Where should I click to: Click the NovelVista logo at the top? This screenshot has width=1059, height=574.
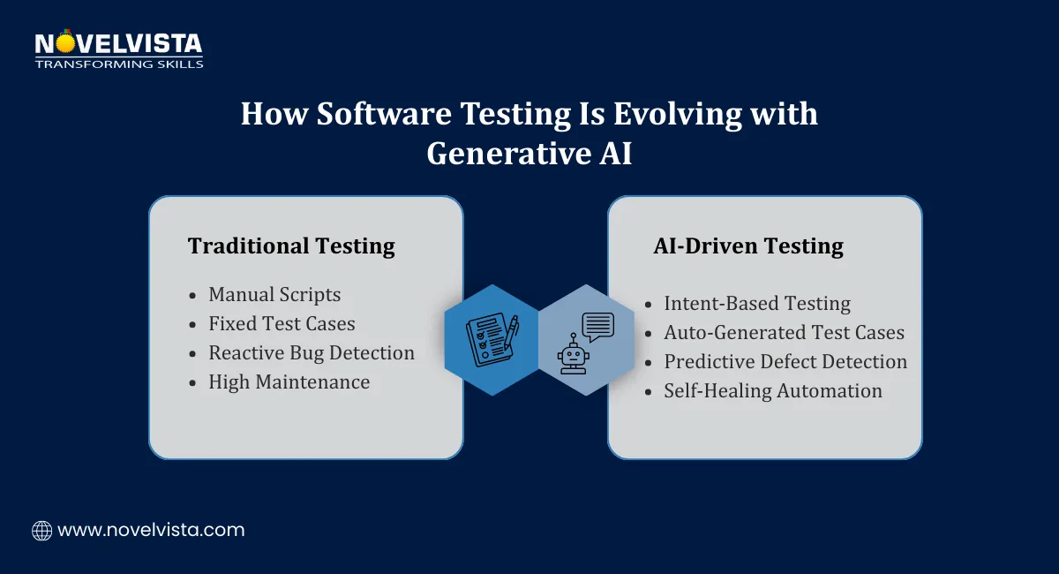118,43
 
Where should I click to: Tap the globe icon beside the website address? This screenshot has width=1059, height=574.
41,531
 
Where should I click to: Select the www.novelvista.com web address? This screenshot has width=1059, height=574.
151,531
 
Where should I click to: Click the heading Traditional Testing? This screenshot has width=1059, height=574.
291,246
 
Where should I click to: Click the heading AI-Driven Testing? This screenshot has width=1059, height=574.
748,246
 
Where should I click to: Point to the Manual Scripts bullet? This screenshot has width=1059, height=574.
274,295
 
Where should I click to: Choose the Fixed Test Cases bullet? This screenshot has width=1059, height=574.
282,324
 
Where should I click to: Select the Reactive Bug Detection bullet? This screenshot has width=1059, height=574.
312,353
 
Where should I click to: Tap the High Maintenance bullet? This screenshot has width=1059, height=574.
289,382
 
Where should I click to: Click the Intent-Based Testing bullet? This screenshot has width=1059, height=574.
757,304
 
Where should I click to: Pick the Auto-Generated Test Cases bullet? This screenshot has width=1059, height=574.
784,333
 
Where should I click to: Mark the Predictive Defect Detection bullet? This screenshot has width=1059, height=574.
785,362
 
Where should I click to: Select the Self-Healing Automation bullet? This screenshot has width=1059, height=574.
773,391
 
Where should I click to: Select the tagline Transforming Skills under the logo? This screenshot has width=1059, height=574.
118,64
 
